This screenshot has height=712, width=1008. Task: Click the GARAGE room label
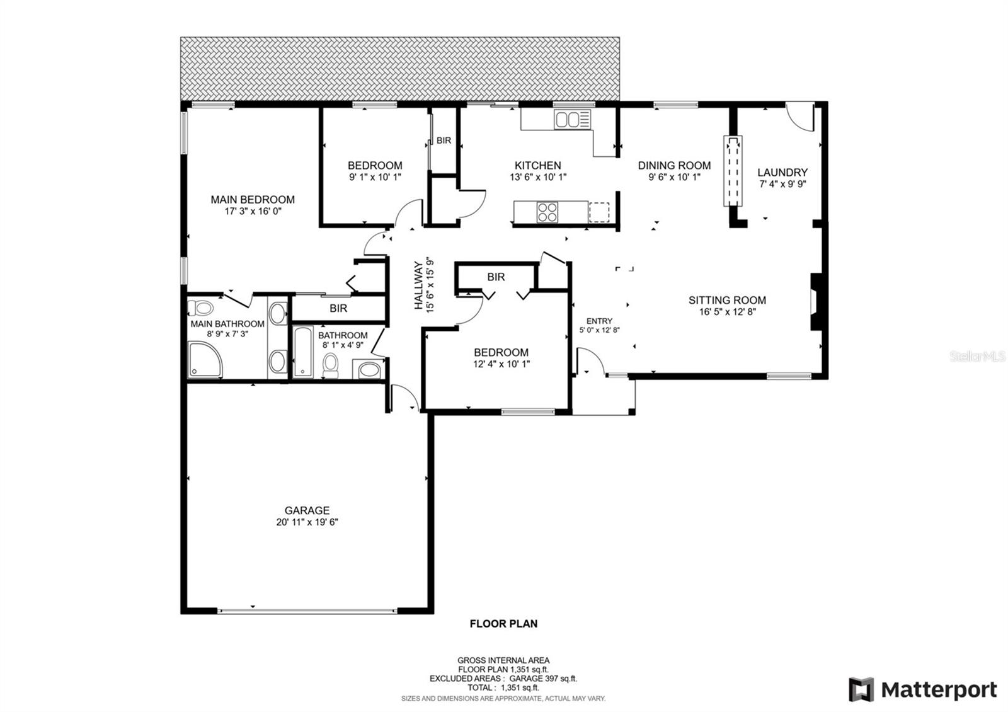tap(307, 510)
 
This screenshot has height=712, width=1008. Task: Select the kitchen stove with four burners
tap(547, 212)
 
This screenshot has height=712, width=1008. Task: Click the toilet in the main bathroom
tap(202, 308)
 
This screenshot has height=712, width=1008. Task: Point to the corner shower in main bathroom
tap(205, 360)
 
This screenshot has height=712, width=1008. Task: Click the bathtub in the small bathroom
tap(303, 352)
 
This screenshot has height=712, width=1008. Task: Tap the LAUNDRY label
tap(782, 172)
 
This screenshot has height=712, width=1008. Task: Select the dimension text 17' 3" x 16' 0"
tap(253, 212)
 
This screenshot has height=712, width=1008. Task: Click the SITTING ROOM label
tap(727, 301)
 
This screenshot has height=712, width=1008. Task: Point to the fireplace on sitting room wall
tap(816, 301)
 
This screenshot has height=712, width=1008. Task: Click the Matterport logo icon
tap(861, 689)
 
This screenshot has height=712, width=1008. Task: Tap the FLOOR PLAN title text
tap(503, 624)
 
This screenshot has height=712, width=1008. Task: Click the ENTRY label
tap(599, 321)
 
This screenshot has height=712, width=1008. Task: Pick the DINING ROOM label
tap(674, 165)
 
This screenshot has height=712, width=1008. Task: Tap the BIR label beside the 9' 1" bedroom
tap(444, 141)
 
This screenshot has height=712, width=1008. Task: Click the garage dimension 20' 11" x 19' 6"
tap(307, 522)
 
